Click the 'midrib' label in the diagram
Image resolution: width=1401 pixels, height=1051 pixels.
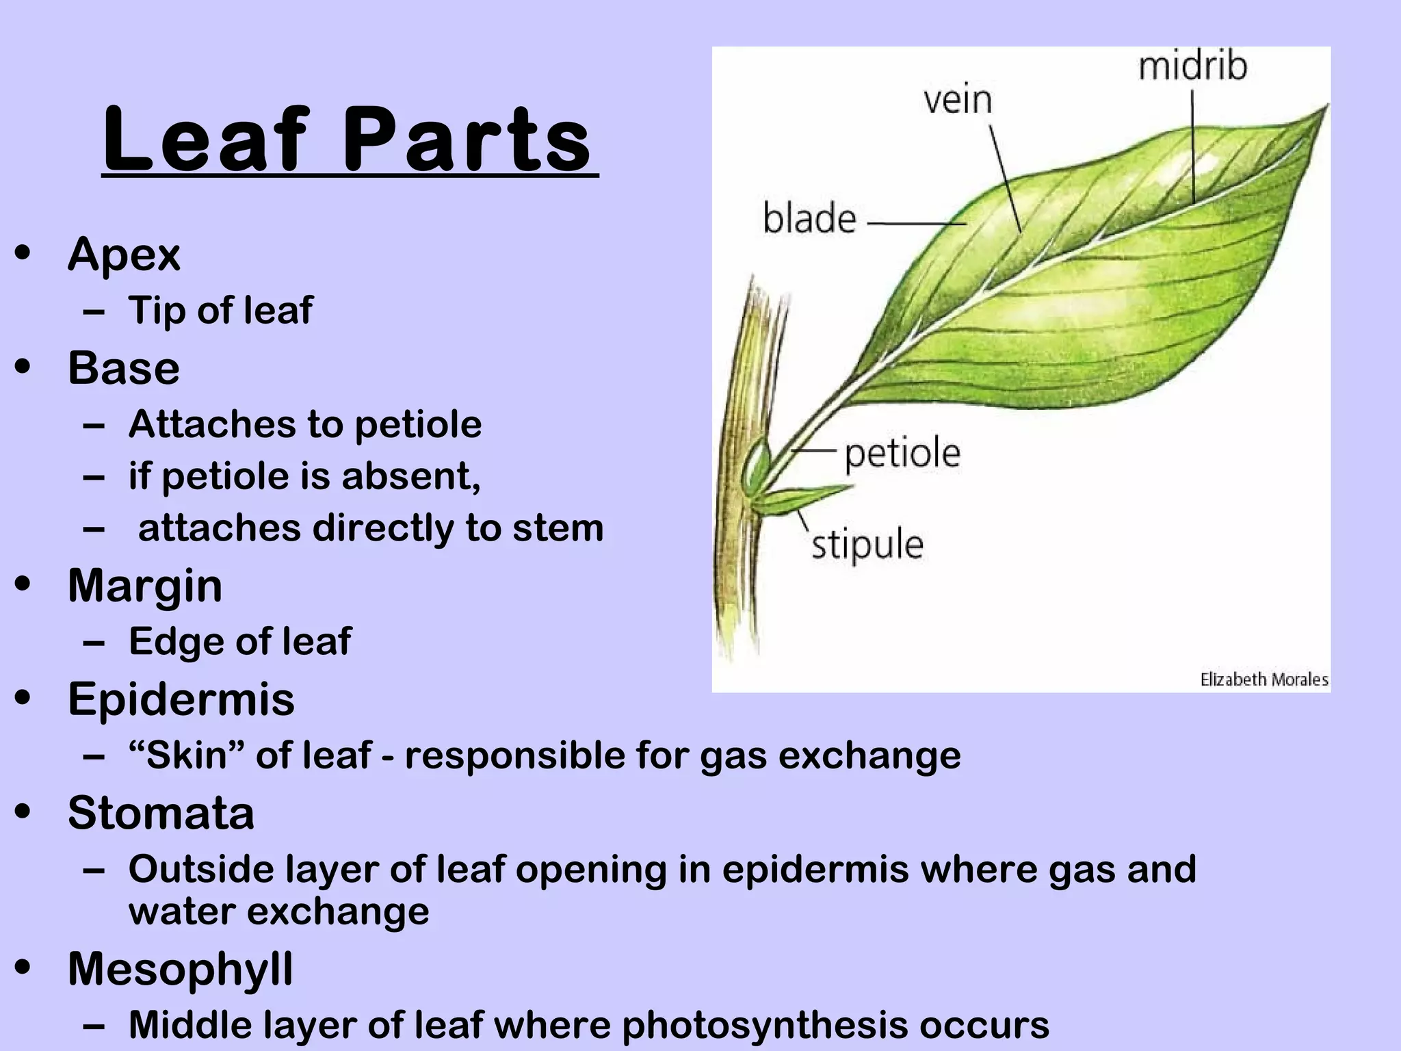pos(1192,67)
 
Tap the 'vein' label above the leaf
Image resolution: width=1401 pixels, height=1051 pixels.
pos(958,100)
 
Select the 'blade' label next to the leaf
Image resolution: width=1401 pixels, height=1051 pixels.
pos(809,219)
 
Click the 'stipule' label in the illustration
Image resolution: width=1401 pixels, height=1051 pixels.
pos(867,545)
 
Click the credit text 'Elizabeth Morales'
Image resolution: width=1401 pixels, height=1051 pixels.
pos(1263,679)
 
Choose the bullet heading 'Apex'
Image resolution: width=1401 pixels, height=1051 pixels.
pos(124,255)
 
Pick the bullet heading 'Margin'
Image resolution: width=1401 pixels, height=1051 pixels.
pos(145,586)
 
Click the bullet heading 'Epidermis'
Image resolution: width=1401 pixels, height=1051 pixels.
pos(181,699)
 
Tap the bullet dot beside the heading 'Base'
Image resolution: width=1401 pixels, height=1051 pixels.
pos(24,367)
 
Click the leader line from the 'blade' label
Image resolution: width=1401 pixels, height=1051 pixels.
pos(917,223)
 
